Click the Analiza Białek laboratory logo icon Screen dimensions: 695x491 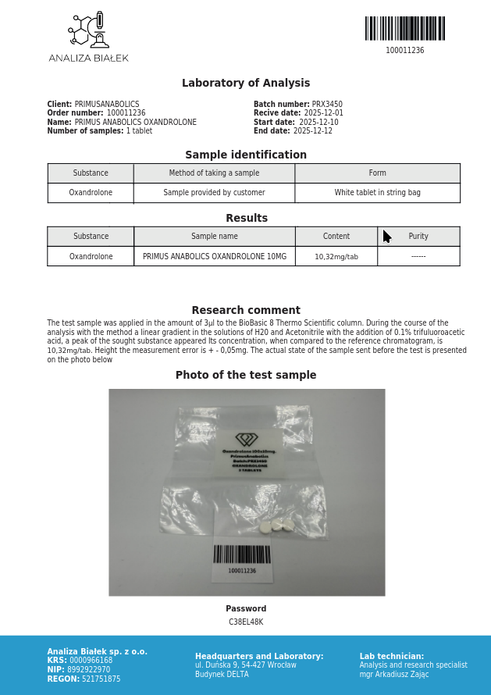[x=90, y=30]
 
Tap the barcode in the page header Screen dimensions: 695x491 [x=404, y=28]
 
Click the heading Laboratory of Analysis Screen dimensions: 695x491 [x=246, y=84]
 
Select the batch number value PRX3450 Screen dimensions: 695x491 [x=327, y=105]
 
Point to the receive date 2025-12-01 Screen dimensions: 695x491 [x=323, y=113]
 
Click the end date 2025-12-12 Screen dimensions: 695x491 [x=313, y=131]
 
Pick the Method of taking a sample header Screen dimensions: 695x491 [x=214, y=173]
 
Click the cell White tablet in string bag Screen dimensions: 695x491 [x=377, y=193]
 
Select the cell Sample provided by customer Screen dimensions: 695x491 [x=214, y=193]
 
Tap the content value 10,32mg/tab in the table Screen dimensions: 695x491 [x=336, y=257]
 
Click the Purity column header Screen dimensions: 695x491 [x=418, y=237]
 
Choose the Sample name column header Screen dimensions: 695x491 [x=215, y=237]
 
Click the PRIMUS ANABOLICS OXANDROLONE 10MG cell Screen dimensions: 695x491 [x=215, y=257]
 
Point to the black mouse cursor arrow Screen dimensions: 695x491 [x=386, y=237]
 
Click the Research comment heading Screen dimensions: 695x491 [x=246, y=311]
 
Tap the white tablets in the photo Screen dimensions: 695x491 [x=282, y=526]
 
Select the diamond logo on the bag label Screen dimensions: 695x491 [x=247, y=440]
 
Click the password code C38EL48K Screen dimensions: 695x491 [x=246, y=622]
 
